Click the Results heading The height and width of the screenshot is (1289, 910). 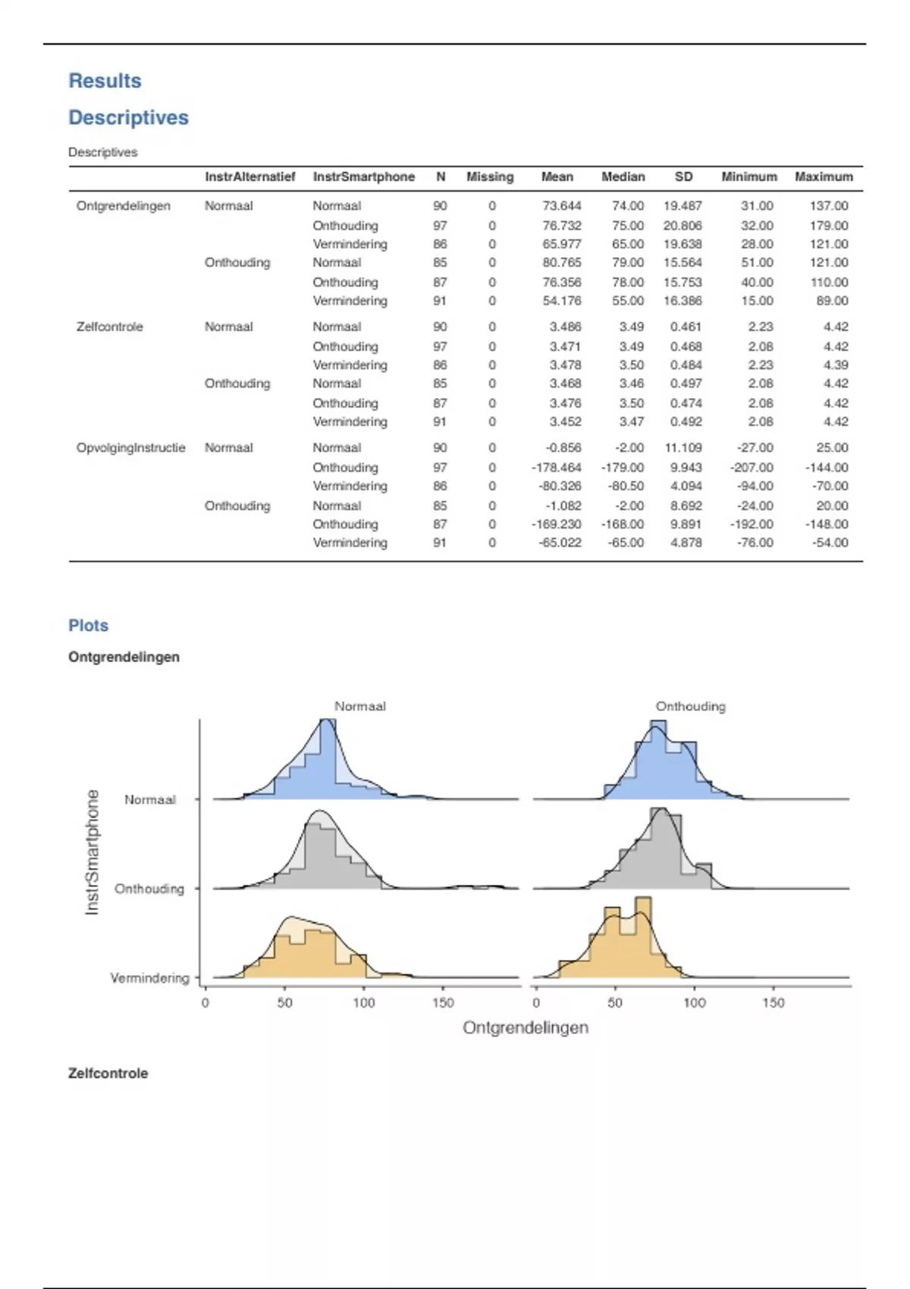click(105, 81)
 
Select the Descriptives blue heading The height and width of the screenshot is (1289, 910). click(128, 118)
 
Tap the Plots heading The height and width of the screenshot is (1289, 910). click(88, 626)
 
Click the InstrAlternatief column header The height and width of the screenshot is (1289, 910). click(249, 177)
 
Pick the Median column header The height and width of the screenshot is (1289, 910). click(623, 177)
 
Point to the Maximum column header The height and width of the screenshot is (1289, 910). click(824, 177)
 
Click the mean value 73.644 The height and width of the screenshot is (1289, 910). click(562, 205)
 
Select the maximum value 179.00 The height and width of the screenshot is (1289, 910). click(829, 225)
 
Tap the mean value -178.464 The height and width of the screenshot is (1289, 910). click(557, 467)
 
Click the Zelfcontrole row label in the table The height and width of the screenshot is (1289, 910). click(109, 327)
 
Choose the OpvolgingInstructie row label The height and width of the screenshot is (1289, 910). click(130, 447)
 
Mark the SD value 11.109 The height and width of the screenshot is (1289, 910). click(682, 447)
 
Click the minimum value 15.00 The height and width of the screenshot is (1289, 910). click(757, 300)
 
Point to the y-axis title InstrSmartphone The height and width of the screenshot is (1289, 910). click(92, 851)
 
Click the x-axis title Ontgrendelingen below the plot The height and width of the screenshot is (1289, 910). click(526, 1027)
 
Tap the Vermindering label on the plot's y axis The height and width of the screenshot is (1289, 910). click(149, 978)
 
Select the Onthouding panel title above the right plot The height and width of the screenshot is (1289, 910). click(690, 706)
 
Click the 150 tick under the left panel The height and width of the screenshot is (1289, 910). click(443, 1002)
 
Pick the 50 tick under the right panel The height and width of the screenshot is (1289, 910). click(615, 1002)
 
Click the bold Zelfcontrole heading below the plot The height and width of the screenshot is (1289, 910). click(108, 1073)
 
